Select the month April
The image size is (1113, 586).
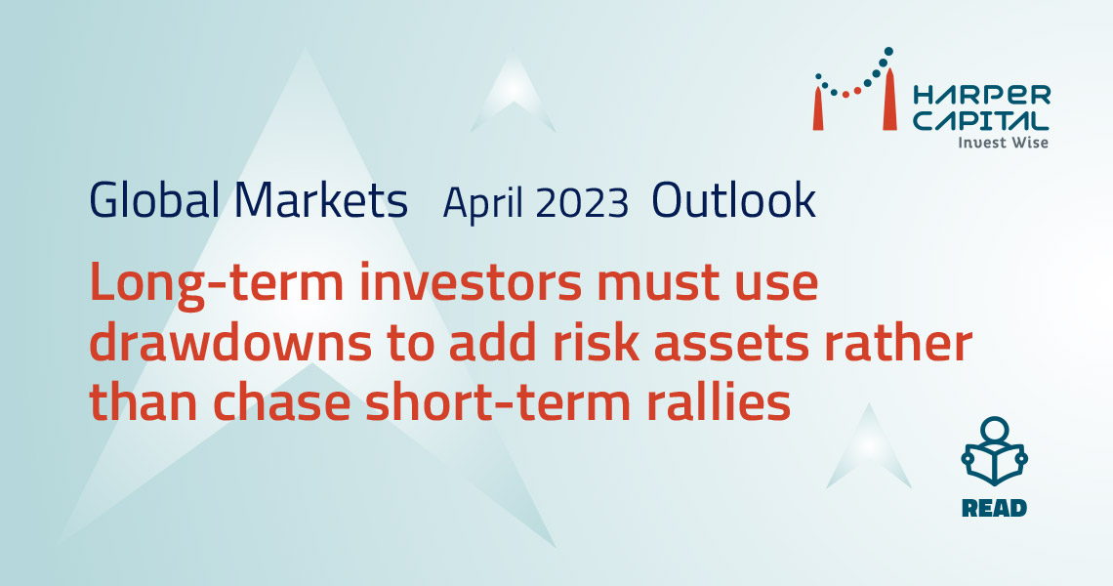(x=483, y=203)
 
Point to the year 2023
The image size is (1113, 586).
(x=582, y=203)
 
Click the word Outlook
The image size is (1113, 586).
(x=733, y=199)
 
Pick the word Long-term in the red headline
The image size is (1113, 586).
(x=217, y=283)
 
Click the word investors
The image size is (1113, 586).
(x=470, y=283)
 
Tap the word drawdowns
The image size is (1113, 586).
(x=230, y=344)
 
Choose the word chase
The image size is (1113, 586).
(x=281, y=403)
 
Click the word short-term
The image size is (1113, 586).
(x=499, y=403)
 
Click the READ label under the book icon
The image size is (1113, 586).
(x=994, y=509)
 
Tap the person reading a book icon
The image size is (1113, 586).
(x=994, y=452)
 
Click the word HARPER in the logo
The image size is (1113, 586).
(x=981, y=95)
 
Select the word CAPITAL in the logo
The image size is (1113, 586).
(x=980, y=120)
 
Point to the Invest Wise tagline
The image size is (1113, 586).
(x=1003, y=143)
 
